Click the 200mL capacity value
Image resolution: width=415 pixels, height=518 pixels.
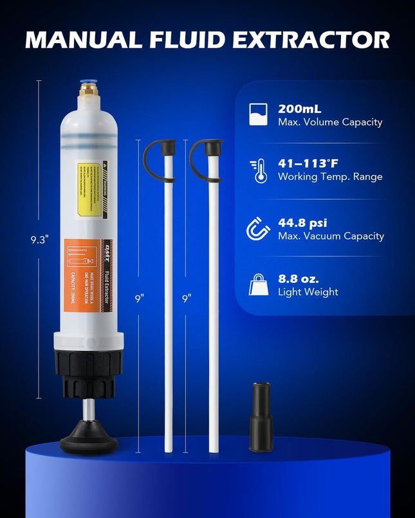299,109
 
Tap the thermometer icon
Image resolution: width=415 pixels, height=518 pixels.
259,171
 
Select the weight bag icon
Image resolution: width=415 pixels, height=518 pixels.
258,284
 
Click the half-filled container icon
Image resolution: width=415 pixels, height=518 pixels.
258,114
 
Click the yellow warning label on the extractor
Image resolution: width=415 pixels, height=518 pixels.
89,181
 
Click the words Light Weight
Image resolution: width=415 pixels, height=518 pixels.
308,292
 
